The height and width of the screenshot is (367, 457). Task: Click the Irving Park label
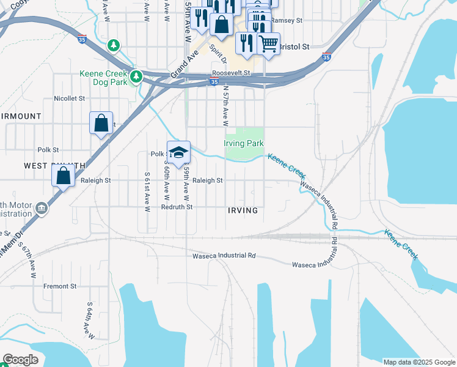[x=243, y=143]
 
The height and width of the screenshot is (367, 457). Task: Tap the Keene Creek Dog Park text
[x=104, y=77]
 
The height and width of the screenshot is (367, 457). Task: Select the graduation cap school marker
[x=178, y=152]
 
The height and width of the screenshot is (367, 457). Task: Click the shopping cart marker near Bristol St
[x=268, y=43]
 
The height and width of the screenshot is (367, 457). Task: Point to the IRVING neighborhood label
[x=243, y=210]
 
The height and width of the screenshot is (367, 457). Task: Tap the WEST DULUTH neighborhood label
[x=54, y=166]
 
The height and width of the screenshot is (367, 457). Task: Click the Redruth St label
[x=177, y=207]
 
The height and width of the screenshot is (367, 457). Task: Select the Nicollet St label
[x=69, y=98]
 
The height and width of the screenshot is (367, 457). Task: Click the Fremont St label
[x=60, y=286]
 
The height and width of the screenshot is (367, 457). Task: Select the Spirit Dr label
[x=218, y=54]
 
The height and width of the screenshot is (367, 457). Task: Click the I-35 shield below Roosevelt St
[x=214, y=81]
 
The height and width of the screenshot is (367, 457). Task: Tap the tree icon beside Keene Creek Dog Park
[x=136, y=76]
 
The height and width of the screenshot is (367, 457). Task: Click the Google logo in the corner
[x=20, y=360]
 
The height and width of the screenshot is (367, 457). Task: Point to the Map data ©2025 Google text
[x=419, y=362]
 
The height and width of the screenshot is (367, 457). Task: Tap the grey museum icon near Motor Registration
[x=41, y=209]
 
